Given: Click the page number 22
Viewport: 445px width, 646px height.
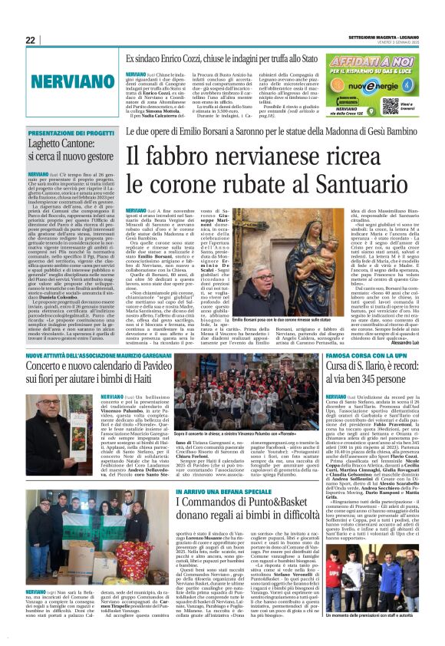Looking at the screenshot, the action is (31, 40).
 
